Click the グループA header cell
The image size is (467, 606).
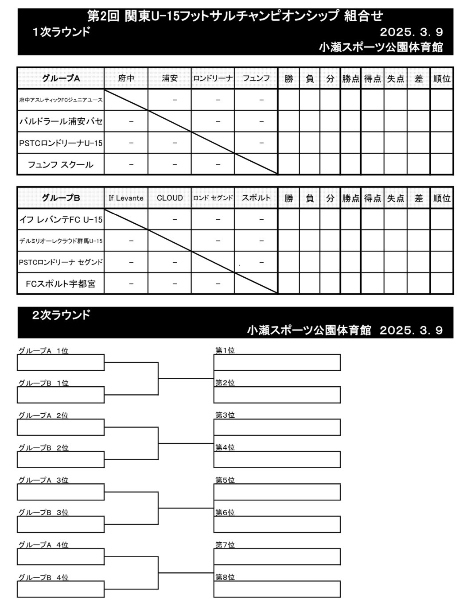61,78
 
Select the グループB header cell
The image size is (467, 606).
61,198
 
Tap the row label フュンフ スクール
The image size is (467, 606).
61,165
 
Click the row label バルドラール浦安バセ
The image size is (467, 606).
61,121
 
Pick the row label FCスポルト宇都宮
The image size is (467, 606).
61,284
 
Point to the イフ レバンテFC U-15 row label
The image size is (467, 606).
61,219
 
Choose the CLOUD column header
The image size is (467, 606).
170,198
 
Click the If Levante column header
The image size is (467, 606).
126,198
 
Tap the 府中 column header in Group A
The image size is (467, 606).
126,78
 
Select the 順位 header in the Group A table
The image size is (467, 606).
441,78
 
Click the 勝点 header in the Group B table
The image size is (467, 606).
350,198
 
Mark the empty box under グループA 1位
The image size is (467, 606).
61,362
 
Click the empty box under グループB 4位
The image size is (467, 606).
61,589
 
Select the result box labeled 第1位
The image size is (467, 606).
277,362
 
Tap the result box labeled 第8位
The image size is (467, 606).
277,589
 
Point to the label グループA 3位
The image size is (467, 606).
43,480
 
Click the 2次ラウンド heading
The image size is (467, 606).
61,315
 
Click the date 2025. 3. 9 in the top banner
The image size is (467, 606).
411,32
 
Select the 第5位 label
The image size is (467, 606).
225,480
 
